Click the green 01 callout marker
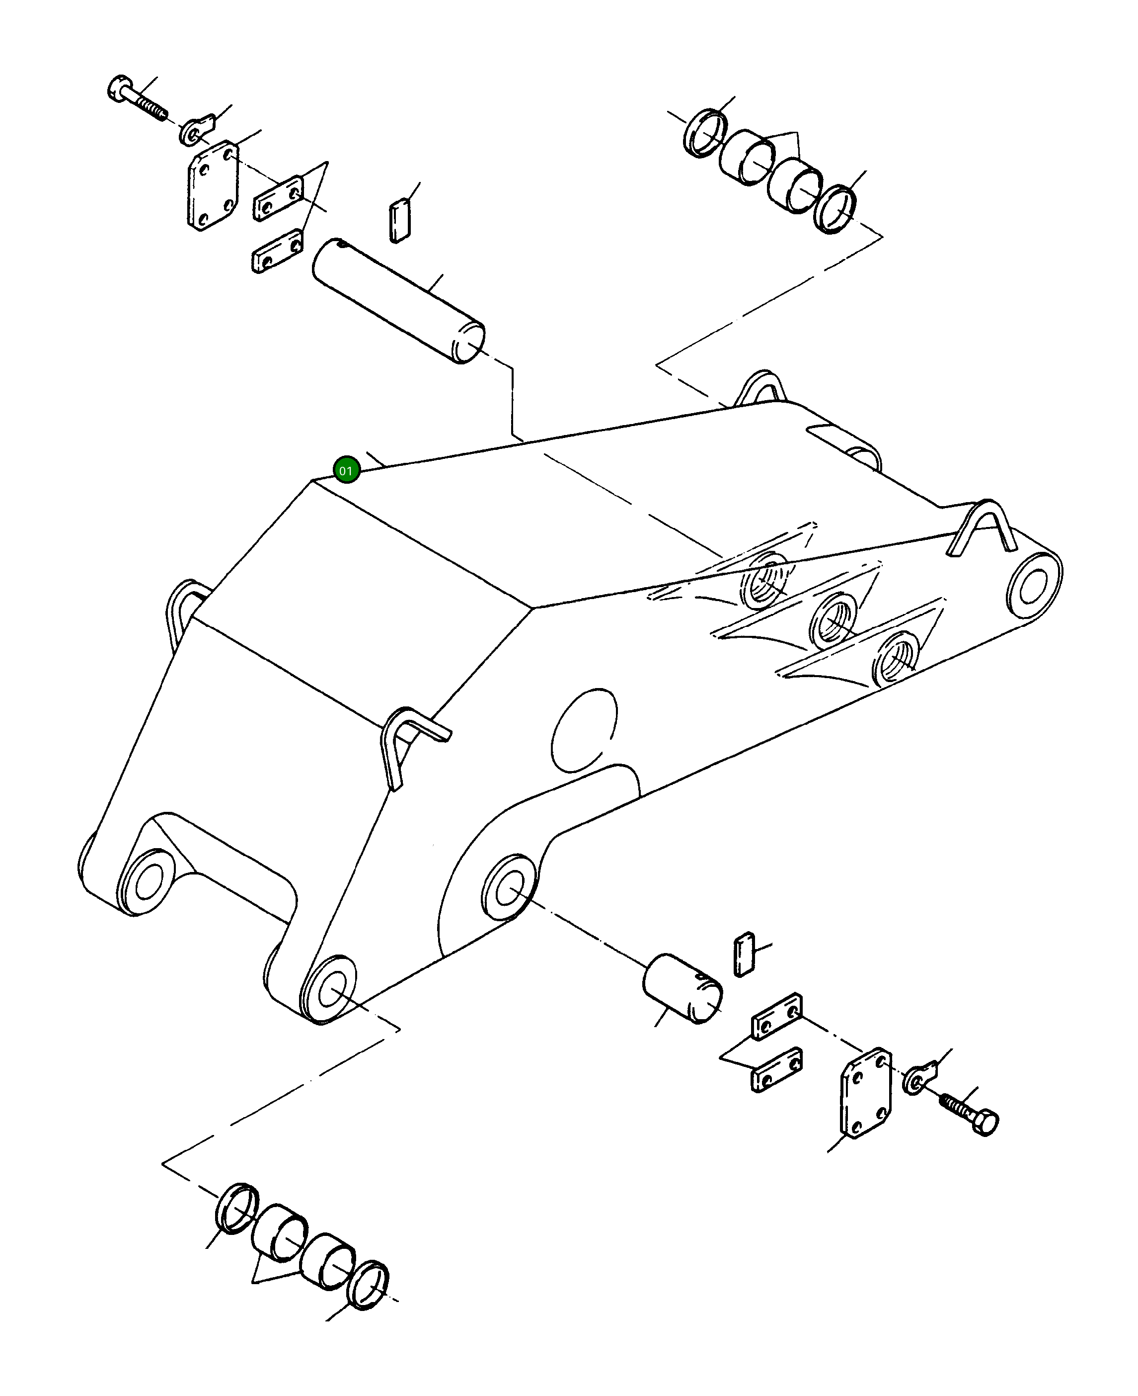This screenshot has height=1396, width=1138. [346, 470]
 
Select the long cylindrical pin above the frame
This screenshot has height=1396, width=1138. [398, 300]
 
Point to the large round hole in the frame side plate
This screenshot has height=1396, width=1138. [584, 730]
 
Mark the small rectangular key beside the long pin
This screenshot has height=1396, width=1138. [399, 222]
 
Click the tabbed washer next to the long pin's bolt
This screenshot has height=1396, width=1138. [197, 129]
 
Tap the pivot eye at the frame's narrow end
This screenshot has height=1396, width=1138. [1034, 585]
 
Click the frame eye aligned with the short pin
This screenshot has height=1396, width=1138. [509, 890]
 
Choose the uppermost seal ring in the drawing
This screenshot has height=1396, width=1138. [705, 133]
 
